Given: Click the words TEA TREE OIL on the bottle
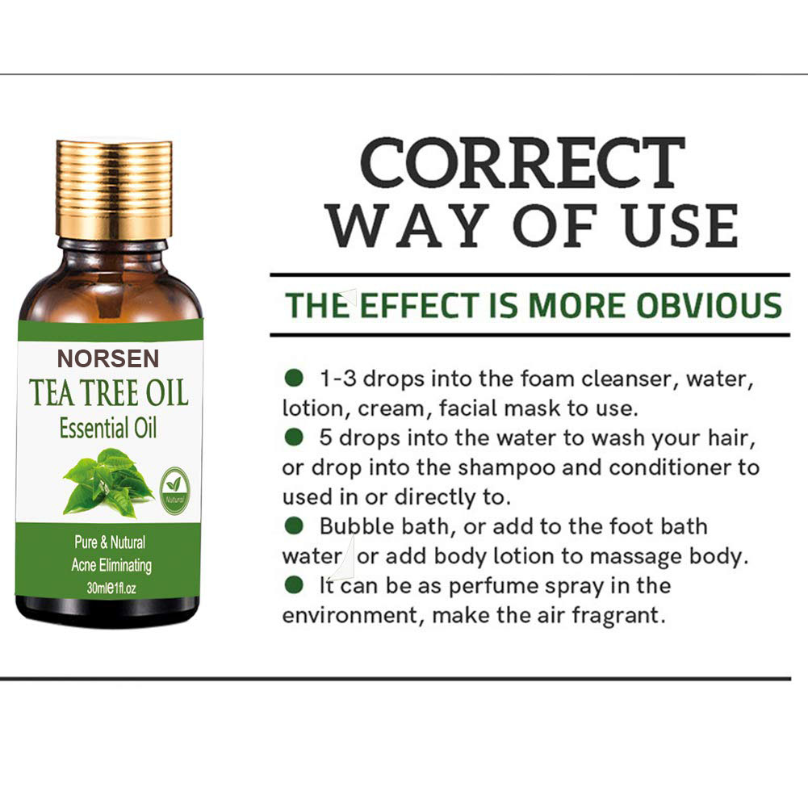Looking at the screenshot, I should pos(109,392).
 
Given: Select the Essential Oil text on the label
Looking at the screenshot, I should pos(108,427).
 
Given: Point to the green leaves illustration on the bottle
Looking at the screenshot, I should pos(107,481).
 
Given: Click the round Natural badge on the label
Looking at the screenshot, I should pos(174,484).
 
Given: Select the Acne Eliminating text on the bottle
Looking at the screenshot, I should pos(111,565).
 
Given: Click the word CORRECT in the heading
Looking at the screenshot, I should pos(522,164).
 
